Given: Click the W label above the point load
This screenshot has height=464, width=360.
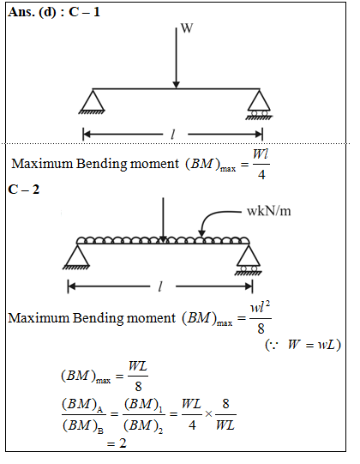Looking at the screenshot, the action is tap(187, 28).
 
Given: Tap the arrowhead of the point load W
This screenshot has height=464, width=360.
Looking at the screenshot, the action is tap(176, 85).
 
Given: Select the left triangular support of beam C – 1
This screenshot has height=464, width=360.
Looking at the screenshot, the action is tap(93, 102).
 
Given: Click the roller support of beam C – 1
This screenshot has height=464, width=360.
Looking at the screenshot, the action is tap(259, 105).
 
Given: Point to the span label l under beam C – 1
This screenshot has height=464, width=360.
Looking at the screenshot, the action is tap(173, 135).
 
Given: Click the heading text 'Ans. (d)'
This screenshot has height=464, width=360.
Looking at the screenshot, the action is tap(32, 13).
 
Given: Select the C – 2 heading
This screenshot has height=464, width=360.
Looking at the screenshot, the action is tap(24, 190).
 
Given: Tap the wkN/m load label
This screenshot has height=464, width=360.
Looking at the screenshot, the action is tap(268, 211).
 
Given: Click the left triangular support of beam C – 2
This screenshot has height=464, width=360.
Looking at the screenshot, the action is tap(76, 257).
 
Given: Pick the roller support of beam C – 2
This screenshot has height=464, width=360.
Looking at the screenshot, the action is tap(249, 260).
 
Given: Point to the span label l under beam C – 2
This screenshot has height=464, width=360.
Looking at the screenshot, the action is tap(160, 286).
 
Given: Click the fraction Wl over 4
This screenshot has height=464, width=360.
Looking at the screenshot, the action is tap(261, 164).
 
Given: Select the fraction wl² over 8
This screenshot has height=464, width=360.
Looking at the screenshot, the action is tap(261, 318).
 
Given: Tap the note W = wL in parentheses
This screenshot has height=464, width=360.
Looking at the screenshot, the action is tap(303, 345).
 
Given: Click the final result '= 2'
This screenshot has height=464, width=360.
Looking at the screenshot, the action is tap(117, 443).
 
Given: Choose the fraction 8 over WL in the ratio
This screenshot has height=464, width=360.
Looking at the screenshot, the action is tap(225, 414).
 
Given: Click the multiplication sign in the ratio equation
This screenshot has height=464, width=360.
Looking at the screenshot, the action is tap(208, 414).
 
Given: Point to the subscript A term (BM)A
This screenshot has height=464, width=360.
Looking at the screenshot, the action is tap(82, 404).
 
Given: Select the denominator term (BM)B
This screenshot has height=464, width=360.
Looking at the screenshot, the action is tap(83, 426).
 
